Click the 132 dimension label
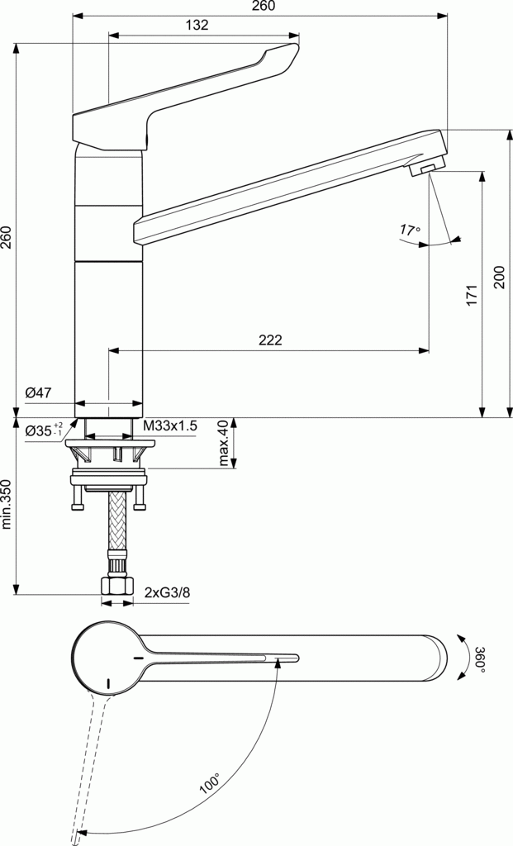[196, 25]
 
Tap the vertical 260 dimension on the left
[7, 238]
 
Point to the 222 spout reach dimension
[269, 340]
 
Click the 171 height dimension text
[472, 296]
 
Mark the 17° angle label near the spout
[409, 230]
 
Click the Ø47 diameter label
[39, 393]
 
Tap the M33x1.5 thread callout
[170, 425]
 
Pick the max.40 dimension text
[223, 443]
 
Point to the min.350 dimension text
[7, 505]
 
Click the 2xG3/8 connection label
[168, 592]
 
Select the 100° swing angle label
[210, 783]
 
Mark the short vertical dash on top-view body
[107, 683]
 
